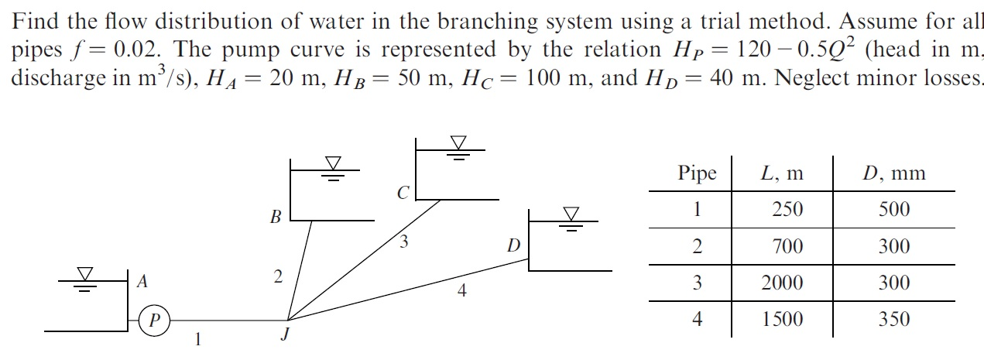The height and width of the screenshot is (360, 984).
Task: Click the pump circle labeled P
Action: coord(155,319)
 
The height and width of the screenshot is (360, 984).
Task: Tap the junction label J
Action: coord(285,334)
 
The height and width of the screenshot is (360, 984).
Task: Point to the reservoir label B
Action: coord(275,218)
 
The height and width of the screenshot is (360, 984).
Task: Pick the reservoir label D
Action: coord(513,247)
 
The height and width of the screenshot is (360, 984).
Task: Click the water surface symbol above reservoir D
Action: coord(571,217)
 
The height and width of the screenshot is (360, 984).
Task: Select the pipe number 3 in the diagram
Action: coord(403,242)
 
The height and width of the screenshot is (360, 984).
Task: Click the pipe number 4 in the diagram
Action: coord(461,291)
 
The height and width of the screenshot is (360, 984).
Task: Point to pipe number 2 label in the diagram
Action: coord(278,276)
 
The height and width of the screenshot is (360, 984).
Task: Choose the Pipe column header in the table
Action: coord(697,173)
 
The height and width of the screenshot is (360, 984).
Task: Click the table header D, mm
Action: coord(893,173)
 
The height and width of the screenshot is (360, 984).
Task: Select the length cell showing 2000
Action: coord(782,283)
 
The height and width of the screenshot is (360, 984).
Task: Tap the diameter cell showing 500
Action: coord(893,210)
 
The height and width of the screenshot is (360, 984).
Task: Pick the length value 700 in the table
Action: coord(787,247)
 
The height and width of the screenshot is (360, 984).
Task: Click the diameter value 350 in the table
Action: coord(893,320)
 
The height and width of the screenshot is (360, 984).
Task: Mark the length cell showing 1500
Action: coord(782,320)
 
